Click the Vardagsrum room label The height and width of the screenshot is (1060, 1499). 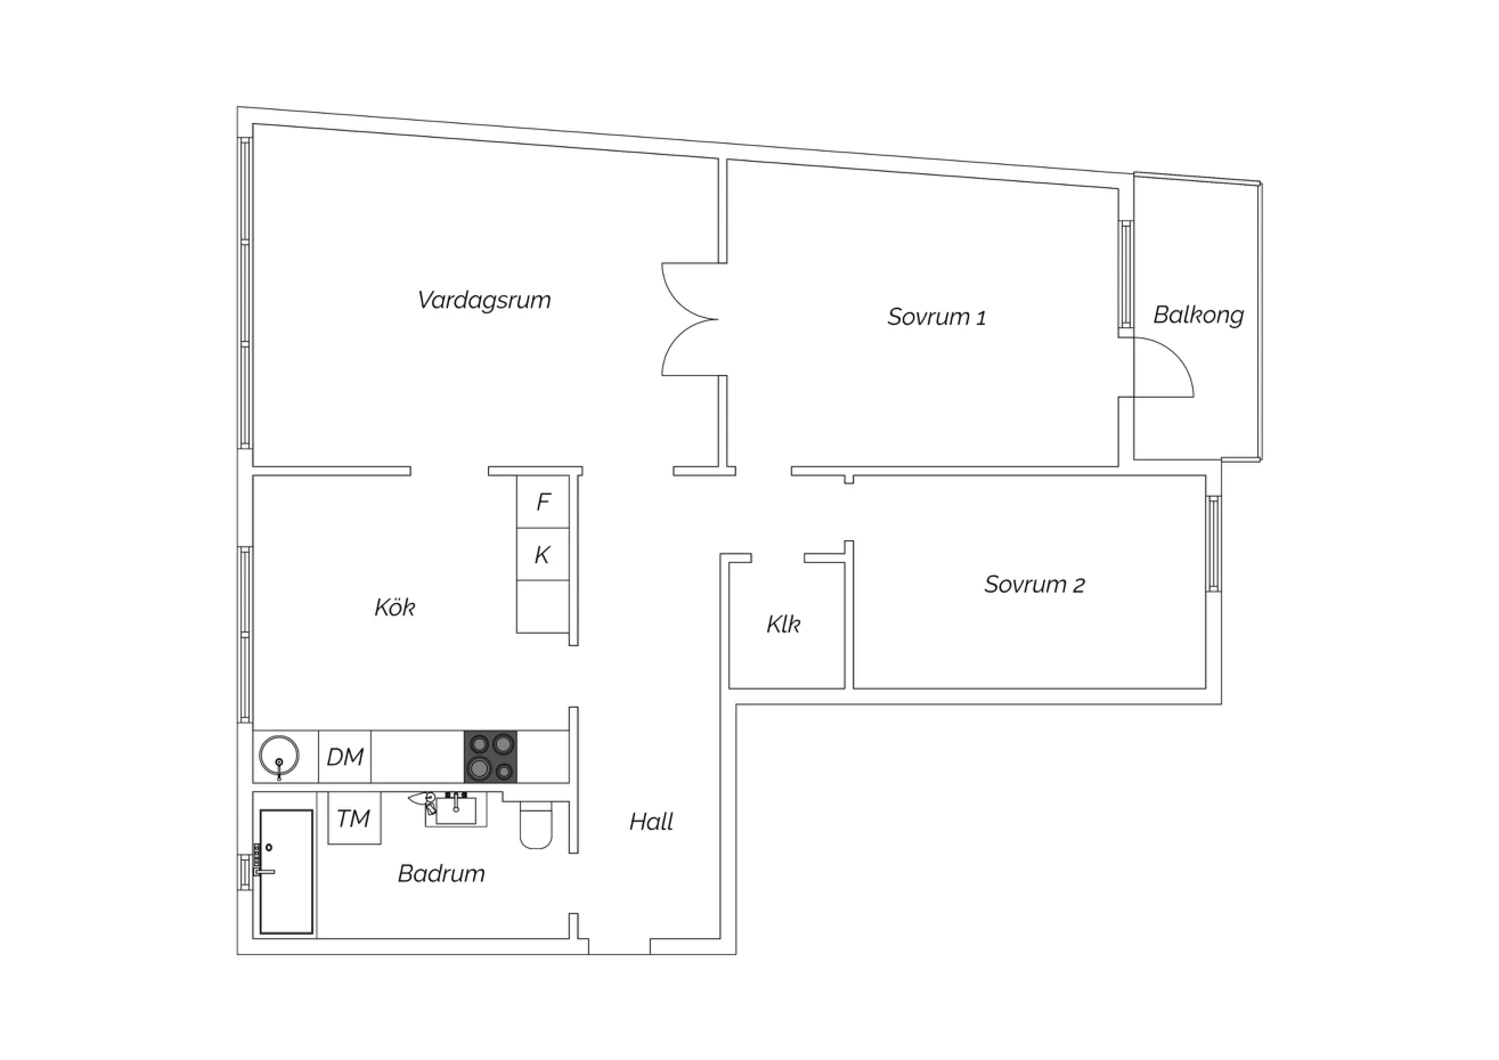tap(484, 300)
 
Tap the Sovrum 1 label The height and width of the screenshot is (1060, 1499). tap(937, 317)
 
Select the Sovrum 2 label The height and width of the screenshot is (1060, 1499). tap(1034, 585)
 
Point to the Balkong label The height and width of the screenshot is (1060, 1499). tap(1198, 315)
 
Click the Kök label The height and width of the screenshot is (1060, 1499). tap(394, 607)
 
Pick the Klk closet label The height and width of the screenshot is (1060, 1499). tap(783, 624)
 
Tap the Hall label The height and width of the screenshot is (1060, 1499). tap(651, 822)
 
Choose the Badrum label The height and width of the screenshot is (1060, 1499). tap(441, 873)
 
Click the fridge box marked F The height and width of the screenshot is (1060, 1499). tap(542, 502)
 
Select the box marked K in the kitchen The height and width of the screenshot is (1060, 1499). tap(542, 554)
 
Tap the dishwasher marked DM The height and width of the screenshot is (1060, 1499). tap(345, 757)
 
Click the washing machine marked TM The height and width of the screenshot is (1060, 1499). tap(354, 818)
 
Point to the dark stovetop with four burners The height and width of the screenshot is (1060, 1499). tap(491, 757)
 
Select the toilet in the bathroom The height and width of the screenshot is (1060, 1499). tap(536, 824)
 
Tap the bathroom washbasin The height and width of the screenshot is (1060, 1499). tap(455, 810)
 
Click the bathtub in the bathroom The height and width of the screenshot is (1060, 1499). tap(286, 871)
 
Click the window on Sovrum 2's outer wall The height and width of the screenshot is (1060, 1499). tap(1214, 544)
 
